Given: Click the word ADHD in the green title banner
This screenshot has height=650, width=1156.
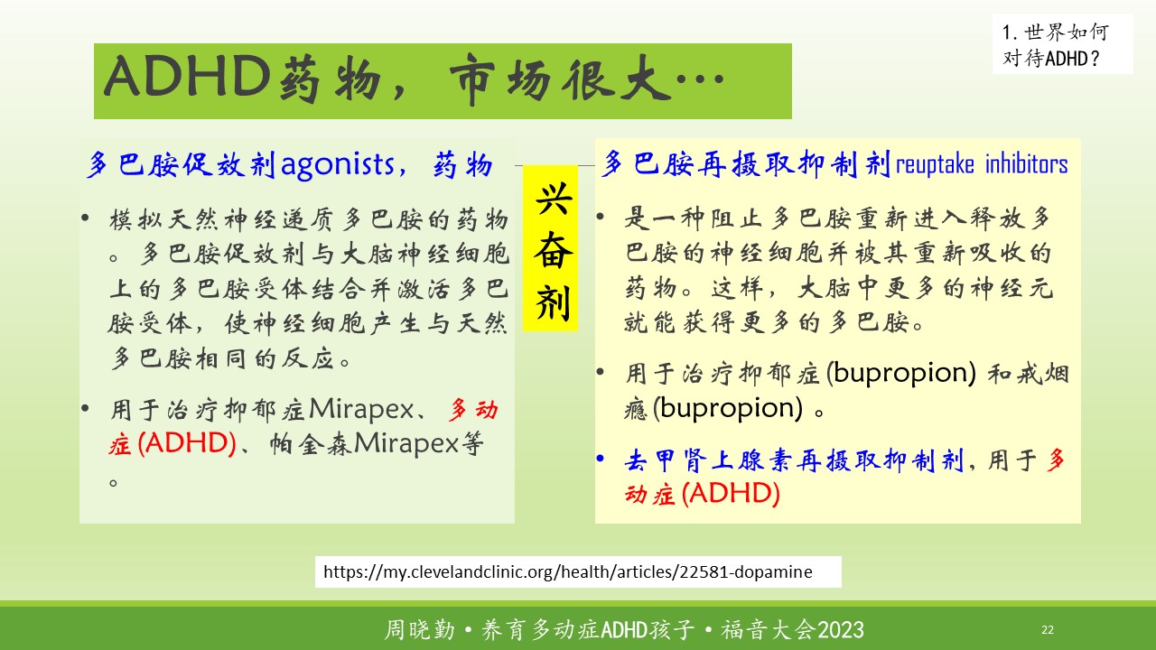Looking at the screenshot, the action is [187, 77].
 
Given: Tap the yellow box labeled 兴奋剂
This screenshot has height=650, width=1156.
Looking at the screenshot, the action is [550, 248].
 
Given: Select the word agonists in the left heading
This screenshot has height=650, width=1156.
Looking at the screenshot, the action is [338, 166].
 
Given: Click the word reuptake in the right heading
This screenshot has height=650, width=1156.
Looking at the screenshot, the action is [935, 165].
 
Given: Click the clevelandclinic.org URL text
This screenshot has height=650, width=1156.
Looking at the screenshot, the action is [568, 571].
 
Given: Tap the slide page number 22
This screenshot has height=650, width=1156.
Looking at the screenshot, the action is [1048, 629].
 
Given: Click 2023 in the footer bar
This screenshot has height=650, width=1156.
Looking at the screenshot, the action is [841, 630].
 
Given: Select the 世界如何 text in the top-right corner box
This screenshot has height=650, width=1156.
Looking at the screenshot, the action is [1067, 32].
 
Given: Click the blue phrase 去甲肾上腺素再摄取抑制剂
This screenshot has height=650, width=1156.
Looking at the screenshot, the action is [794, 460].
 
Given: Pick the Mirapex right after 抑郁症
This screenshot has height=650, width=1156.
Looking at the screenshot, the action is [361, 409].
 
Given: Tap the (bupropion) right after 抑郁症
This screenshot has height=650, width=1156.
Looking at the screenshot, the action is [901, 373].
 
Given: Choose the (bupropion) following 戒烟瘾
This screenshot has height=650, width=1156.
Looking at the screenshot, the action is [728, 407].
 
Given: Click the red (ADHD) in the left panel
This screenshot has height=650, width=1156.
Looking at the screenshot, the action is [187, 443].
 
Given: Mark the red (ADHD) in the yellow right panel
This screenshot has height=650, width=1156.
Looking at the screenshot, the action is [731, 493].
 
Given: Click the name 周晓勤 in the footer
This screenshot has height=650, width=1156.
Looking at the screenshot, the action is [420, 630].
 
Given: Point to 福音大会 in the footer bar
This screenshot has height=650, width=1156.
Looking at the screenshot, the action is [769, 630].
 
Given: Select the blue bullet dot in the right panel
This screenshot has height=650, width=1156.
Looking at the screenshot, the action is [600, 458].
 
